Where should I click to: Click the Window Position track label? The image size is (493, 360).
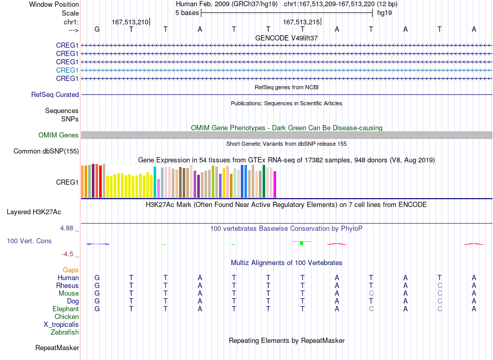point(54,4)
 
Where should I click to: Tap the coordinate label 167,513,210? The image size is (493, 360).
point(130,22)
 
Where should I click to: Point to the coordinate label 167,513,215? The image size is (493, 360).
point(301,22)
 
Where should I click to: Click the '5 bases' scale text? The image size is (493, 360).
point(187,13)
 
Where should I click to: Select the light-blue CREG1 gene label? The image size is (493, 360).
point(67,70)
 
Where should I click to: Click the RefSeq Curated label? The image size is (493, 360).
point(55,94)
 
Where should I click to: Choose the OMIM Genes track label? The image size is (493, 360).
point(59,135)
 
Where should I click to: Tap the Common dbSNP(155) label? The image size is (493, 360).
point(46,151)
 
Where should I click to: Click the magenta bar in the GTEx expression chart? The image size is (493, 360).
point(275,184)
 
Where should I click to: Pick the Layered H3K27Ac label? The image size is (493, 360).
point(34,212)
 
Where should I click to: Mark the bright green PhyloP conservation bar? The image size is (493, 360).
point(302,243)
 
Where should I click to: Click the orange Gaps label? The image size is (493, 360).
point(71,270)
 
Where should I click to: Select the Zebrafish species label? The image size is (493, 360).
point(65,333)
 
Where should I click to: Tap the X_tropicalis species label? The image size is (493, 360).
point(61,325)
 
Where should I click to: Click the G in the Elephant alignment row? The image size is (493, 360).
point(97,309)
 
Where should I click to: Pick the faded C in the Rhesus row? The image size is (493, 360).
point(440,285)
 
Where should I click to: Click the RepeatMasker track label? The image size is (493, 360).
point(57,348)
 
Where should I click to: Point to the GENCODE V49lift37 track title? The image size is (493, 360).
point(286,38)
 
